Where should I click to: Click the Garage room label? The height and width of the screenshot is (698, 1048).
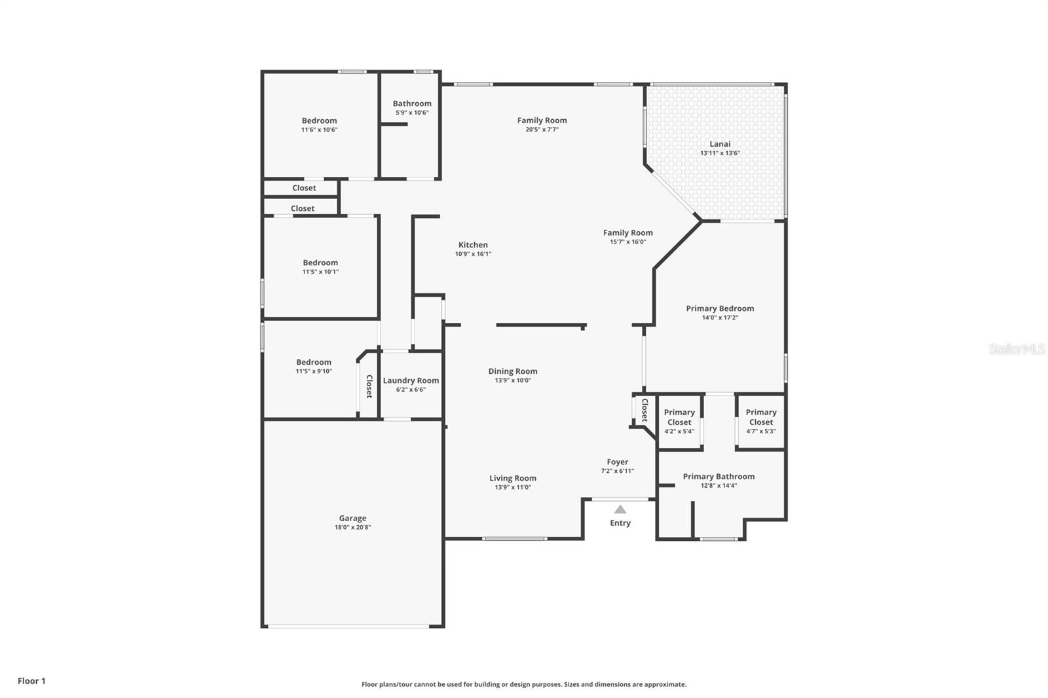(x=352, y=518)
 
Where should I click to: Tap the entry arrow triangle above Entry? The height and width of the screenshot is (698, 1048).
(x=620, y=509)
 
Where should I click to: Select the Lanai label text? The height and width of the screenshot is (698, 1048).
(x=720, y=144)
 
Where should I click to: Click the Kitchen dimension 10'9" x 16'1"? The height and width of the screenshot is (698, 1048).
(x=473, y=254)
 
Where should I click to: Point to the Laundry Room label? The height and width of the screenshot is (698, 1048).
(x=411, y=380)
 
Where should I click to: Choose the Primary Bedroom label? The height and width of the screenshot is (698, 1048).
(x=720, y=308)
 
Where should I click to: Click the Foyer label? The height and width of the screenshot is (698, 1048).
(x=617, y=462)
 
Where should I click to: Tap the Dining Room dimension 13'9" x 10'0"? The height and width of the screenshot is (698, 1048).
(x=512, y=380)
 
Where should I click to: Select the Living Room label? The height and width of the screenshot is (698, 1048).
(x=512, y=478)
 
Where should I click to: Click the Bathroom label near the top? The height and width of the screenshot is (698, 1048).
(x=412, y=103)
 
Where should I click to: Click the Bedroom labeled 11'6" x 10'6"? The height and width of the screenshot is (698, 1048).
(x=319, y=120)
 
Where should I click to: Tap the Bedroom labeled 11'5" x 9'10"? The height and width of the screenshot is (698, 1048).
(x=314, y=362)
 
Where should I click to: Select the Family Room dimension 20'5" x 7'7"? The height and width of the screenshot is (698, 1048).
(x=542, y=130)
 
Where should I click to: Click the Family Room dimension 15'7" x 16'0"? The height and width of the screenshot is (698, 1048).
(x=627, y=242)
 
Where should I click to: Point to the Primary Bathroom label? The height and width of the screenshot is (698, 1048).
(x=719, y=476)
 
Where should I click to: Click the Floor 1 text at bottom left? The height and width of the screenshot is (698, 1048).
(x=31, y=681)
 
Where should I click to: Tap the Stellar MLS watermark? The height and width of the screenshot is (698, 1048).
(x=1017, y=349)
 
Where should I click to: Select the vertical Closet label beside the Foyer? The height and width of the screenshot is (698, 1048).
(x=645, y=410)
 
